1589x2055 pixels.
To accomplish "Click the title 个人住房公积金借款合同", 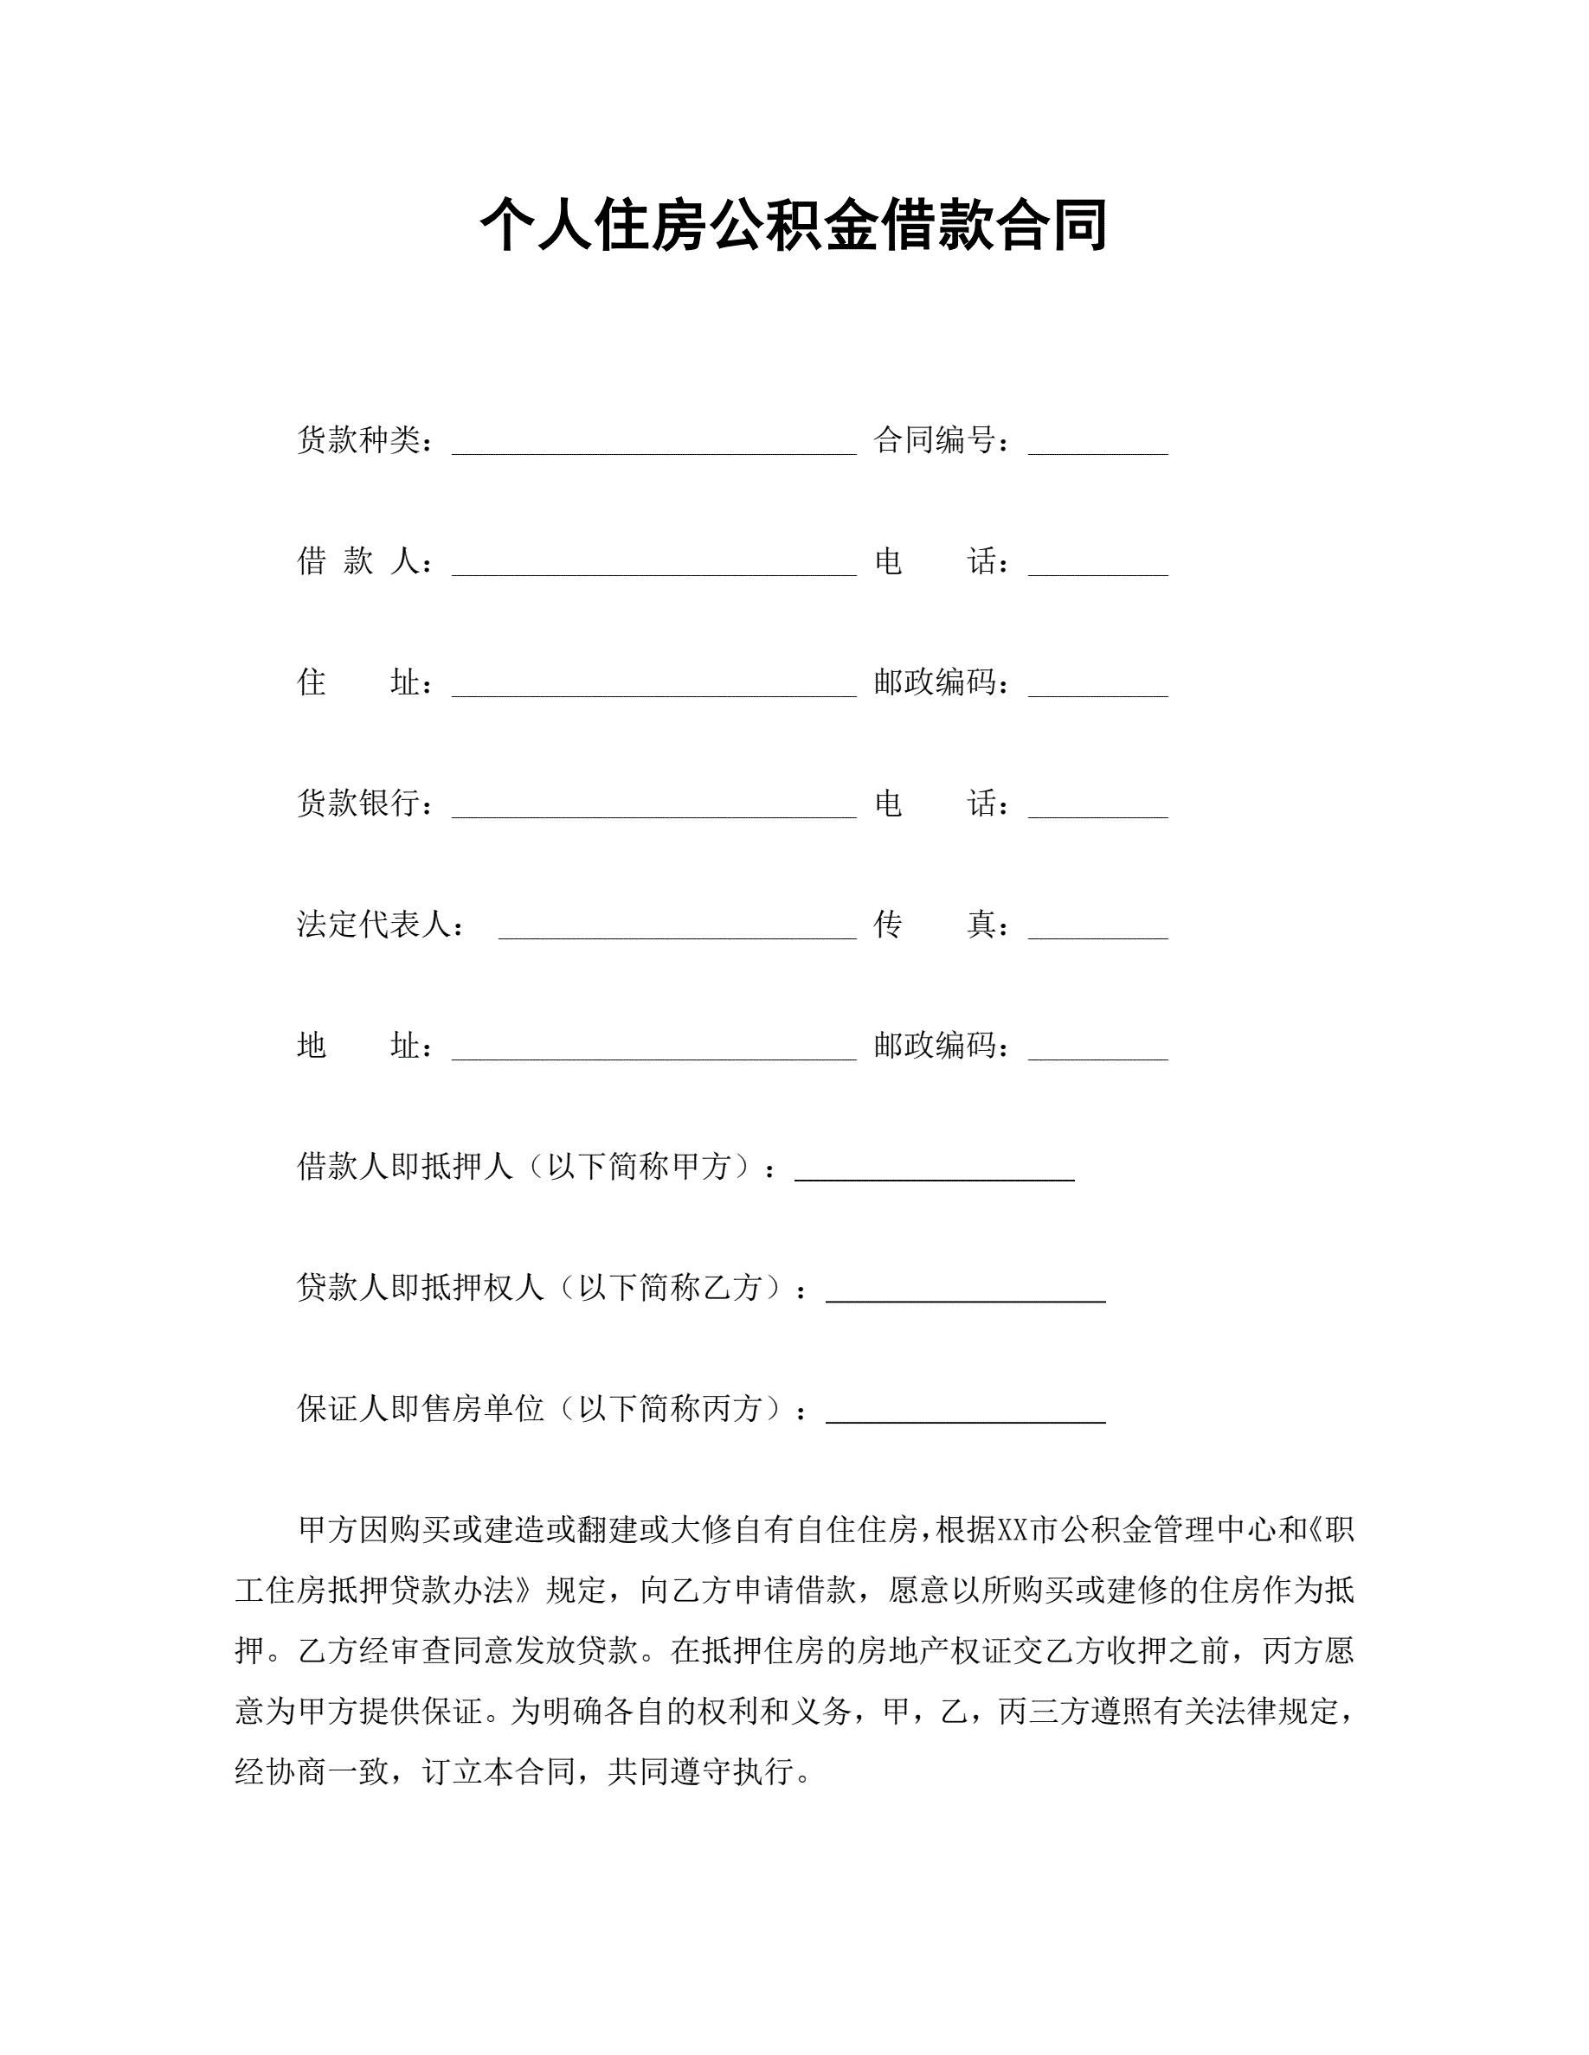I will (794, 227).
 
